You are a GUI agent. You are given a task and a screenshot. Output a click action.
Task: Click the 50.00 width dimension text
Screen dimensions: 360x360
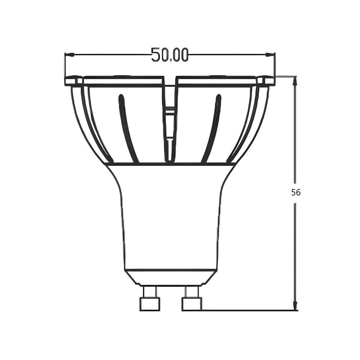(170, 55)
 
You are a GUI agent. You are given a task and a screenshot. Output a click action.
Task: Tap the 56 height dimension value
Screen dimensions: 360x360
(296, 192)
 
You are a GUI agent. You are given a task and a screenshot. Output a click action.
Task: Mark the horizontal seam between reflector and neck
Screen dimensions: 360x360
(171, 164)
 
